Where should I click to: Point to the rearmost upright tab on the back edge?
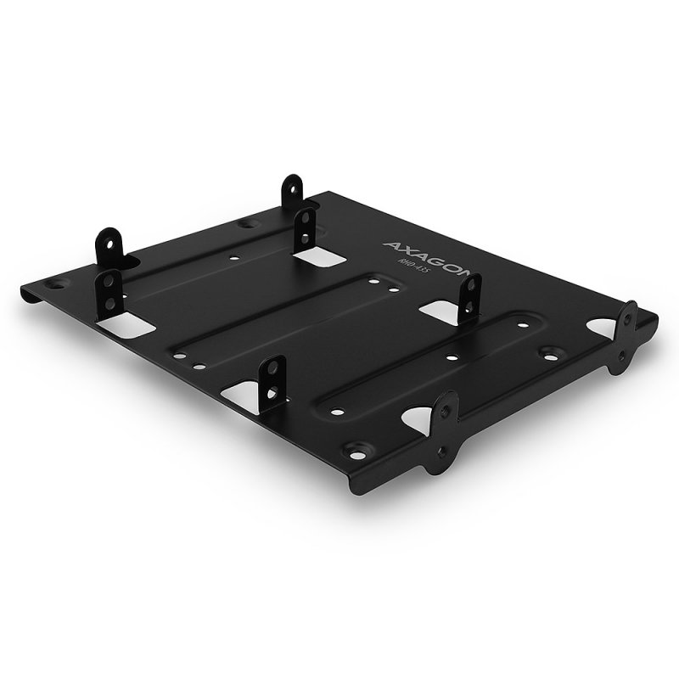click(293, 191)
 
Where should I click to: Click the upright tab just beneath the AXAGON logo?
click(467, 298)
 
